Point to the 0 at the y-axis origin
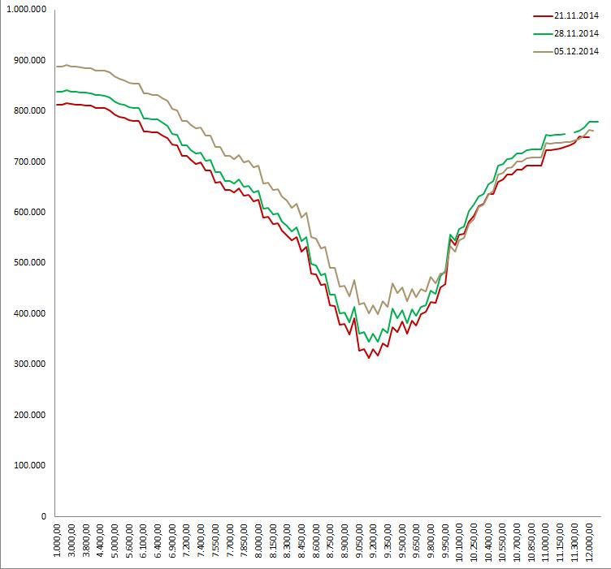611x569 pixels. pyautogui.click(x=44, y=515)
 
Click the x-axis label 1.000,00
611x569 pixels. pyautogui.click(x=58, y=542)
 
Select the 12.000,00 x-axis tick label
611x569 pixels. pyautogui.click(x=591, y=542)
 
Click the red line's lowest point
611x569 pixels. pyautogui.click(x=369, y=357)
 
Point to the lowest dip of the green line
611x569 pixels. pyautogui.click(x=369, y=342)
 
